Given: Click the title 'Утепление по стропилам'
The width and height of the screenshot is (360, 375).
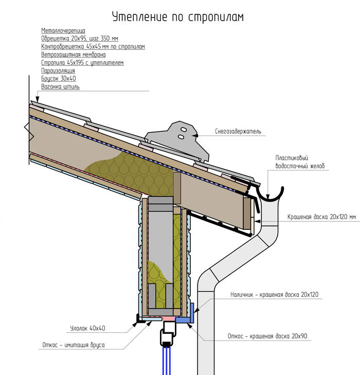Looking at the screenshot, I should tap(178, 17).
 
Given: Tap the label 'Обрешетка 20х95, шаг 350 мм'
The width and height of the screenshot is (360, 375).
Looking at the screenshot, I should tap(80, 39).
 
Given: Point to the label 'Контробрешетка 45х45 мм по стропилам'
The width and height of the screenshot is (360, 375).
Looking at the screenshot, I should tap(93, 46).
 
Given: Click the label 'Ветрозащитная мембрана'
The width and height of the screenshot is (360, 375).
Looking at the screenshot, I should tap(73, 55).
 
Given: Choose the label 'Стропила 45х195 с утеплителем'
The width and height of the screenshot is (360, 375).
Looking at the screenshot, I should tap(82, 63).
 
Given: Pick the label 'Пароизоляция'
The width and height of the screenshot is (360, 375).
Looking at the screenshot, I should tap(58, 70).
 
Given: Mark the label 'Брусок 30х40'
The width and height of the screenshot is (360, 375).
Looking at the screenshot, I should tap(58, 79).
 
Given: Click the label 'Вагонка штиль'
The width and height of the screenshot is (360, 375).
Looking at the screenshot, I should tap(60, 87).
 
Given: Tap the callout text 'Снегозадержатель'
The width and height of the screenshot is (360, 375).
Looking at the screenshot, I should tap(238, 132).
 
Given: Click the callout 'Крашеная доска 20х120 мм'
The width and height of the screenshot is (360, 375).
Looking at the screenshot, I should tap(321, 217).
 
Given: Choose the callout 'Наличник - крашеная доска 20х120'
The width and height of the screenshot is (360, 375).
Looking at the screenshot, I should tap(274, 295).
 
